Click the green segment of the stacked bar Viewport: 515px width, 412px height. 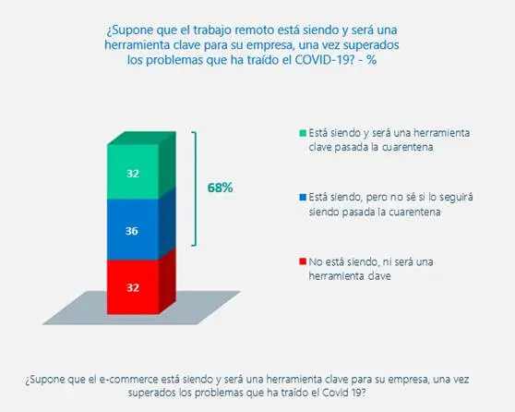click(x=133, y=172)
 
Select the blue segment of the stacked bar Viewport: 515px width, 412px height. click(x=133, y=229)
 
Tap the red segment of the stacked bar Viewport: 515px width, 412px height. click(x=133, y=287)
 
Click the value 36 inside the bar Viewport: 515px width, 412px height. click(x=132, y=231)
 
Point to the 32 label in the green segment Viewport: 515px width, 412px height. click(x=133, y=174)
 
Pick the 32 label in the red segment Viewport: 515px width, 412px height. click(x=133, y=287)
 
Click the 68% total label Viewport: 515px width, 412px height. click(x=220, y=188)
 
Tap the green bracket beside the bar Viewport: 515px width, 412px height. click(x=196, y=188)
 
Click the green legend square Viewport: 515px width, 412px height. click(x=303, y=133)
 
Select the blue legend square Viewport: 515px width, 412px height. click(x=303, y=197)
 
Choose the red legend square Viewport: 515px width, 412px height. click(x=303, y=261)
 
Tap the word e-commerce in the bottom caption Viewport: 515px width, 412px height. click(x=129, y=379)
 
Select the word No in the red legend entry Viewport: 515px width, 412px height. click(x=316, y=261)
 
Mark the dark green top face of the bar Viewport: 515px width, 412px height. click(x=141, y=138)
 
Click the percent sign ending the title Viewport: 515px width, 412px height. click(x=372, y=60)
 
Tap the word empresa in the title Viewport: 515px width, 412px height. click(x=269, y=45)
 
